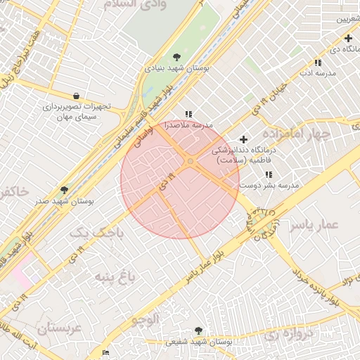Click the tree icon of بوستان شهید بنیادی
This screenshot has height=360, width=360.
tap(176, 58)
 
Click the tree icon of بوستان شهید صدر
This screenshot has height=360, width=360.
tap(65, 190)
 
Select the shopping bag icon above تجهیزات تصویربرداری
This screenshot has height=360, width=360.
tap(76, 96)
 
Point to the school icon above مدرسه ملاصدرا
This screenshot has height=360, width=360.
tap(188, 114)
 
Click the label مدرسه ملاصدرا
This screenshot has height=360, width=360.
tap(188, 124)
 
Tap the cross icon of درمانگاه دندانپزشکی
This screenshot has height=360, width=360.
tap(244, 139)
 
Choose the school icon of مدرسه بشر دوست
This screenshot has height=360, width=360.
tap(268, 174)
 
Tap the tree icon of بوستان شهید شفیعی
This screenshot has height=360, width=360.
tap(198, 330)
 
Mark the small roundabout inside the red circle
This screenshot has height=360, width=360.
tap(190, 163)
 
